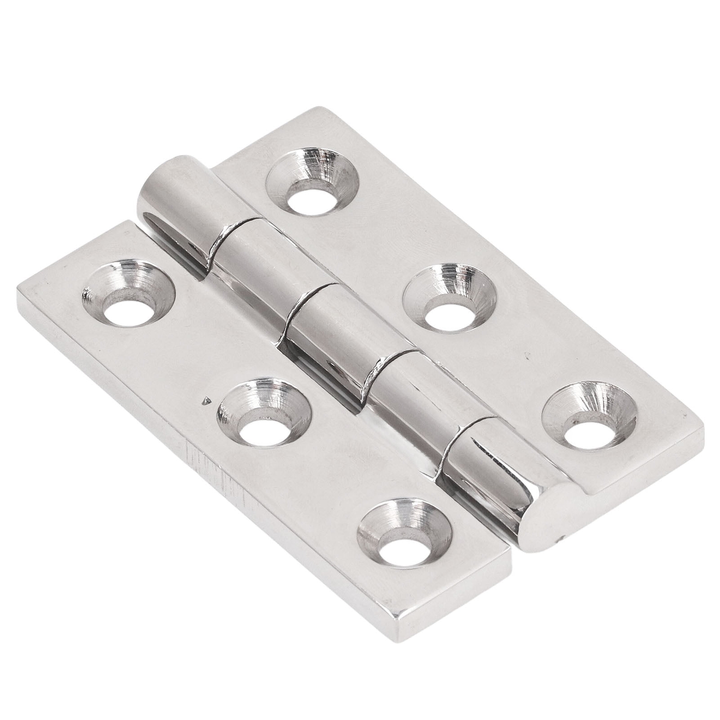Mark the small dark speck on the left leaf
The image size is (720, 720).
pos(206,399)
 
